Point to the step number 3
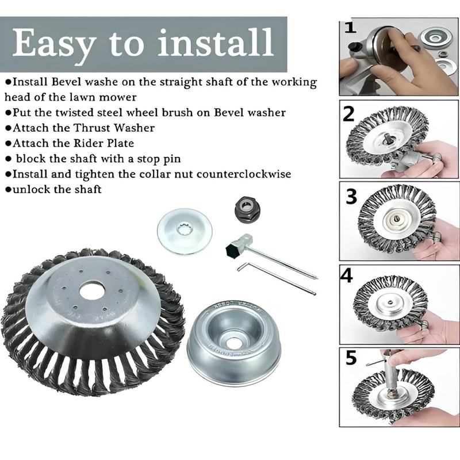[x=351, y=197]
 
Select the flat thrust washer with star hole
[x=185, y=231]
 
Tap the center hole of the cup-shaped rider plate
[x=233, y=343]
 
